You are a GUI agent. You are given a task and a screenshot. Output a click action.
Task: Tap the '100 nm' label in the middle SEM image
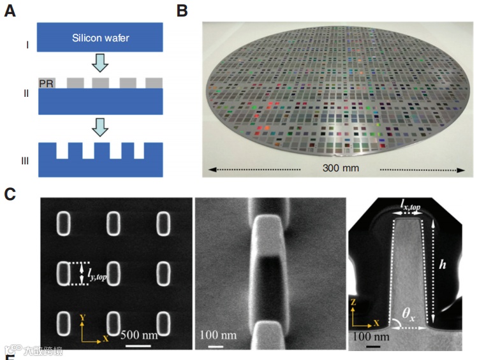217,334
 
